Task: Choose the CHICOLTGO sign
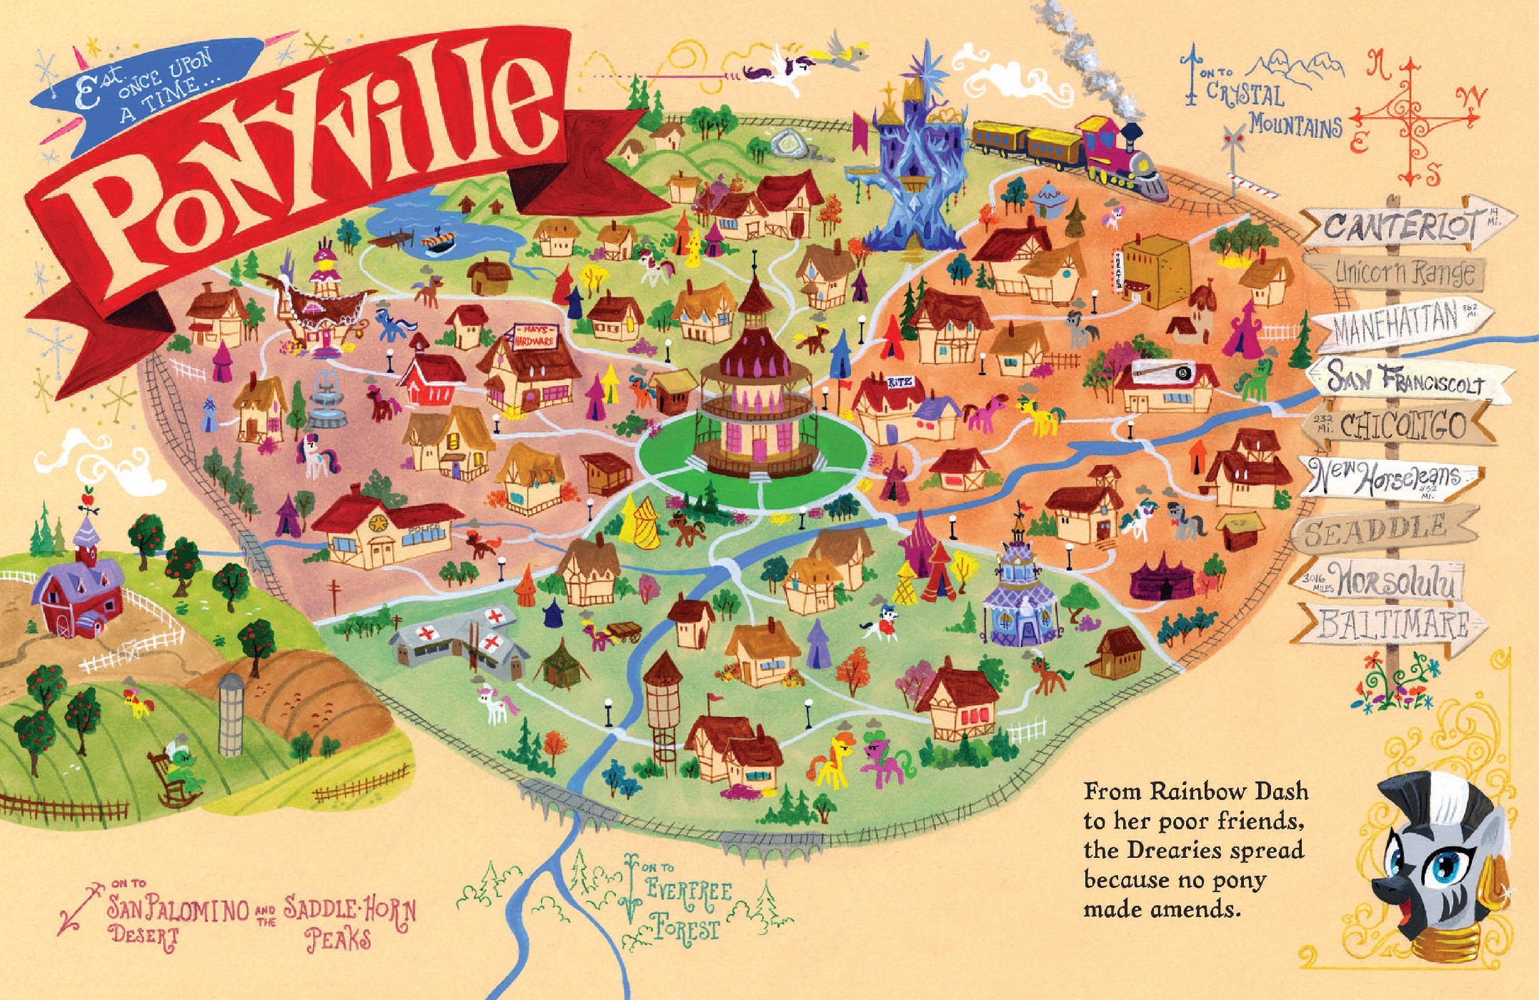pos(1400,426)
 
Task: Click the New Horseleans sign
pos(1390,475)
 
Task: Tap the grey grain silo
pos(231,714)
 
